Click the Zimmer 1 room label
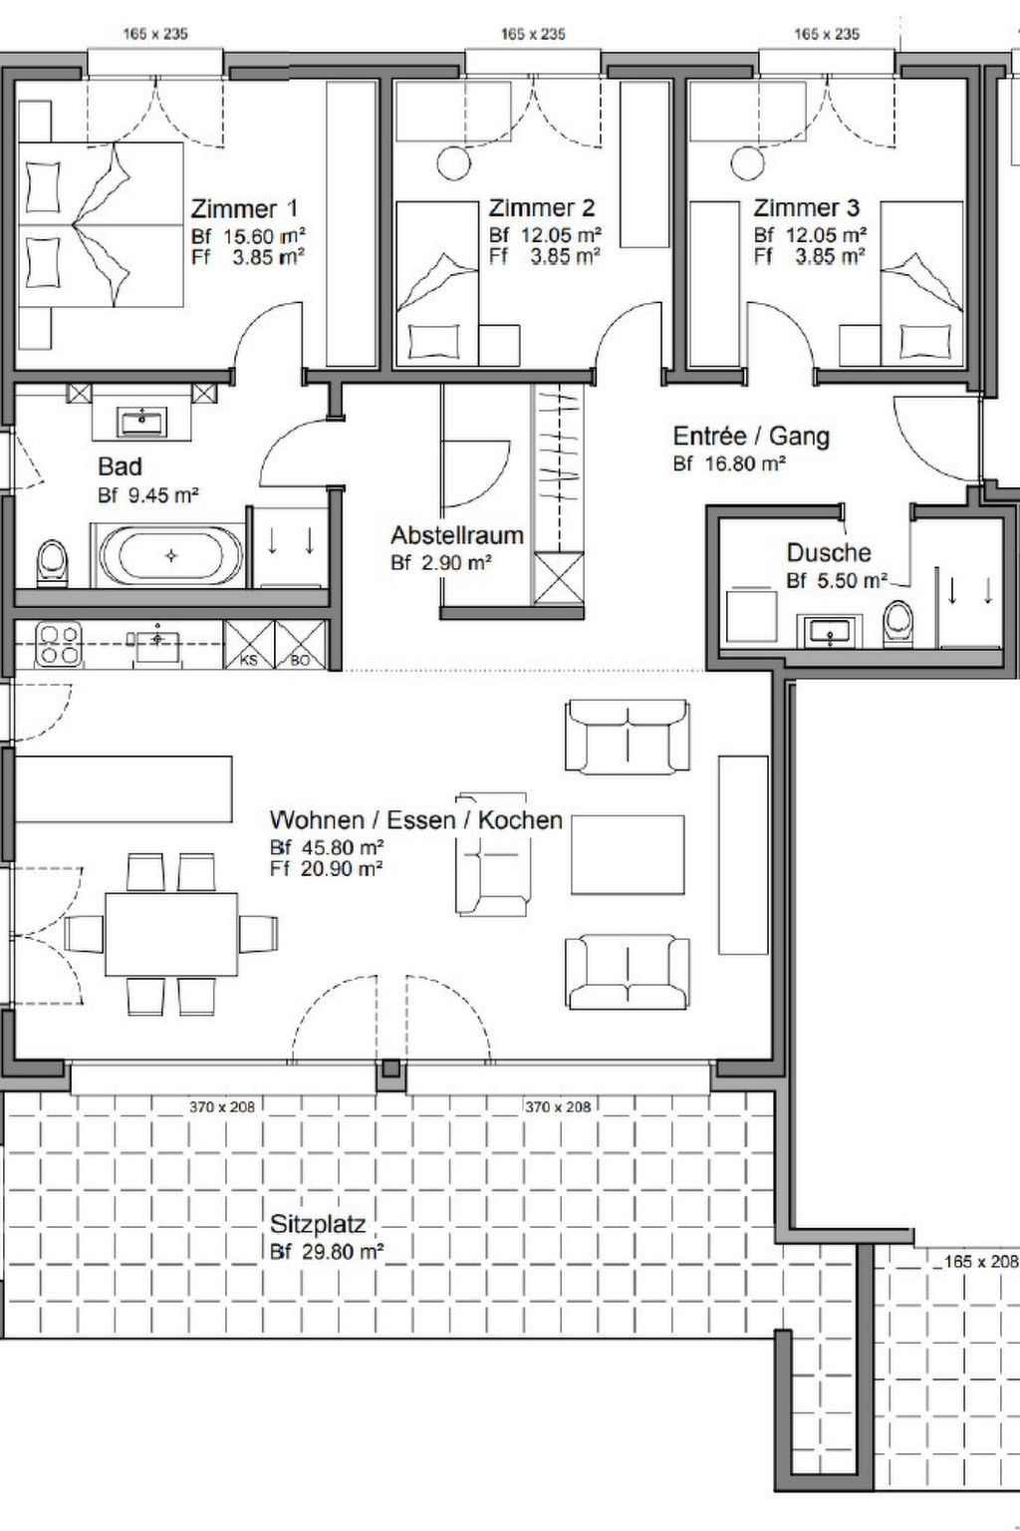pyautogui.click(x=244, y=208)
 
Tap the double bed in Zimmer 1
pyautogui.click(x=102, y=224)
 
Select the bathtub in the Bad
pyautogui.click(x=170, y=555)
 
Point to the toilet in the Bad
pyautogui.click(x=52, y=564)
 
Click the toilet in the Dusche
pyautogui.click(x=897, y=623)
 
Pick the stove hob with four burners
pyautogui.click(x=58, y=644)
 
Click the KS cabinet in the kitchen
pyautogui.click(x=249, y=645)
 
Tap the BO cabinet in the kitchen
pyautogui.click(x=301, y=645)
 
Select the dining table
pyautogui.click(x=170, y=934)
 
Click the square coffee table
pyautogui.click(x=628, y=854)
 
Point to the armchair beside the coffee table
pyautogui.click(x=493, y=854)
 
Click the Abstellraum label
pyautogui.click(x=457, y=535)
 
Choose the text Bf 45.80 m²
pyautogui.click(x=327, y=847)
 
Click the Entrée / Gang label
pyautogui.click(x=751, y=436)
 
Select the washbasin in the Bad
pyautogui.click(x=142, y=421)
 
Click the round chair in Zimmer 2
pyautogui.click(x=453, y=163)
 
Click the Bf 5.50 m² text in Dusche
pyautogui.click(x=837, y=580)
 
